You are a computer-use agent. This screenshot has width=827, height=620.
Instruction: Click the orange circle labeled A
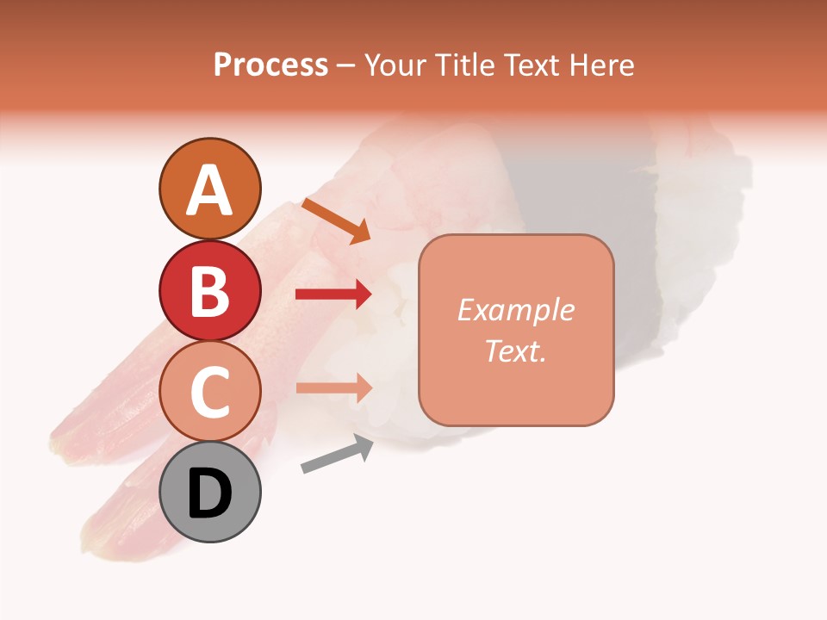tap(209, 189)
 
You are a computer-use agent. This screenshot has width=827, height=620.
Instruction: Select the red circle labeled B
tap(209, 290)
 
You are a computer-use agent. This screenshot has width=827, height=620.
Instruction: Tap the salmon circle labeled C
tap(209, 392)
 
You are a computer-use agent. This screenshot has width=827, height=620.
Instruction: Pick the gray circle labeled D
tap(209, 493)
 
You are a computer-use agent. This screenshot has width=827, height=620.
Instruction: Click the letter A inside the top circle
tap(209, 190)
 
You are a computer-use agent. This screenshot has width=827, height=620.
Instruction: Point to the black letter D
tap(209, 494)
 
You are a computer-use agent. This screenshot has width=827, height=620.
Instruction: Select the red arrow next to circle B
tap(333, 294)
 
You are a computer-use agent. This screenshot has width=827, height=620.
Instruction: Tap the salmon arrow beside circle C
tap(333, 387)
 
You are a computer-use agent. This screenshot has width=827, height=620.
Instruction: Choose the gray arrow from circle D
tap(337, 454)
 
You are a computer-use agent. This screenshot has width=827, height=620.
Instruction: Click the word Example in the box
tap(516, 310)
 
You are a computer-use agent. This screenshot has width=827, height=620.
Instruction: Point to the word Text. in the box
tap(515, 350)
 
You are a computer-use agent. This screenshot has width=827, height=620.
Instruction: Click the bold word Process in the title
tap(270, 65)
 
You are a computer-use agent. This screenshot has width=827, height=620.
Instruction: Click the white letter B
tap(209, 292)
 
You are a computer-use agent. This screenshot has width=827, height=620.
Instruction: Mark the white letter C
tap(209, 394)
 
